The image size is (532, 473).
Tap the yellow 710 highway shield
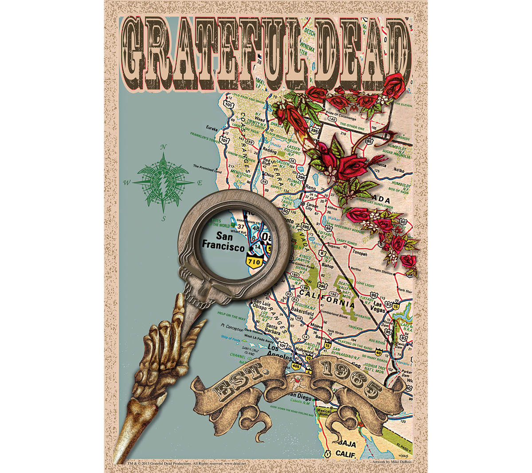[256, 262]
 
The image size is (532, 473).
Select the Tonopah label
[360, 254]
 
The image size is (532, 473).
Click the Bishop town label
[328, 266]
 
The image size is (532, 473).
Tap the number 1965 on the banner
[350, 379]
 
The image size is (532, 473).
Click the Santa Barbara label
[271, 328]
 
